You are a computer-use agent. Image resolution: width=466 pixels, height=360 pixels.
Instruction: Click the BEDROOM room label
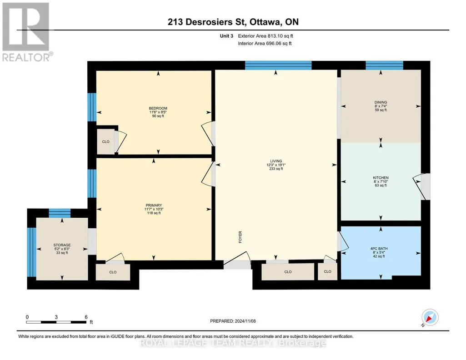158,109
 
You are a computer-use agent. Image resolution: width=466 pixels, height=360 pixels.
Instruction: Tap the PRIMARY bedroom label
154,205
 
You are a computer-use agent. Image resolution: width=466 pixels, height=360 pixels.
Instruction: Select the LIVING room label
276,161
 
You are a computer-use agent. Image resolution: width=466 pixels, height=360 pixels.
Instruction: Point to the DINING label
381,102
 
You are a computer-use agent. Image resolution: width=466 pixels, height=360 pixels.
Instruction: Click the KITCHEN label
381,178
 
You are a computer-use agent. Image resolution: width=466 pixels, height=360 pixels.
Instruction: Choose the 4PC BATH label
379,249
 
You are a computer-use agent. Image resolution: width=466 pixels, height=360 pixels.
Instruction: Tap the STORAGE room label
62,245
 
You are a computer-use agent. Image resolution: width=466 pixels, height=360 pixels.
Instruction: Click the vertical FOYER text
240,237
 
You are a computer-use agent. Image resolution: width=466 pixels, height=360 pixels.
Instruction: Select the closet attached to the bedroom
106,142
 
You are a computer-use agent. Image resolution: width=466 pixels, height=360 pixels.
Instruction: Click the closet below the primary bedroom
113,272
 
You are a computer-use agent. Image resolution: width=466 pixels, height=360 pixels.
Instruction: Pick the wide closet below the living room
288,272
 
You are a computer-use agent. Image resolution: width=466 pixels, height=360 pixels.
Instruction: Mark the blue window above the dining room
384,65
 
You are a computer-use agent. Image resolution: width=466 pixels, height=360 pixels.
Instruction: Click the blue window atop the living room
278,65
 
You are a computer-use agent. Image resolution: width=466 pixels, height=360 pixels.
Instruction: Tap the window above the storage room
60,213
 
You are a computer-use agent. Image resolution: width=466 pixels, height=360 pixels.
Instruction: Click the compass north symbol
430,318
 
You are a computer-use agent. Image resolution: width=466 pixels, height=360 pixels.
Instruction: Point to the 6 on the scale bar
86,317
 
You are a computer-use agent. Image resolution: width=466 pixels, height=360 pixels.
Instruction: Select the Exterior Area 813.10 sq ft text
266,36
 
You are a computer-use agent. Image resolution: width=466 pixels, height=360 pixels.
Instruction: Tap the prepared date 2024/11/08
245,321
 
